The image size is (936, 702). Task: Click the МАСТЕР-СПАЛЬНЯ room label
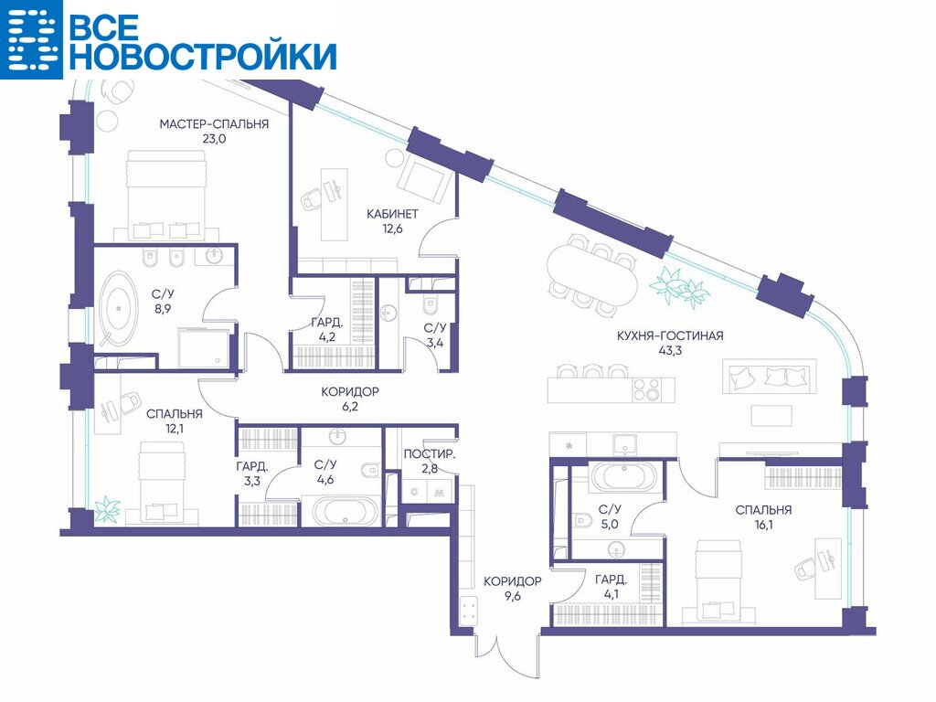pos(214,124)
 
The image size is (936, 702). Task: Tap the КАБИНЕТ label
pos(392,214)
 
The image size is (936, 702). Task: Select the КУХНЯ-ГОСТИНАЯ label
pos(670,335)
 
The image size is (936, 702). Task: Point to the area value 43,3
pos(670,351)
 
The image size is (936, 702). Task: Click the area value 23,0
pos(214,140)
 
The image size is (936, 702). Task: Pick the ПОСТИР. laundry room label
pos(430,454)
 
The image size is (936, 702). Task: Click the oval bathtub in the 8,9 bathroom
pos(118,309)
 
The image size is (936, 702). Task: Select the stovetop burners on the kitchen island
pos(646,389)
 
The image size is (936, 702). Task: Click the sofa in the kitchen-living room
pos(769,376)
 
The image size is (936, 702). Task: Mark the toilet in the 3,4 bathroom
pos(431,305)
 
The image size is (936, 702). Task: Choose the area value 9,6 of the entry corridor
pos(512,596)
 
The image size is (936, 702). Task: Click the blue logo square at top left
pos(31,39)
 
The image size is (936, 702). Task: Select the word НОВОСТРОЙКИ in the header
pos(206,56)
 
